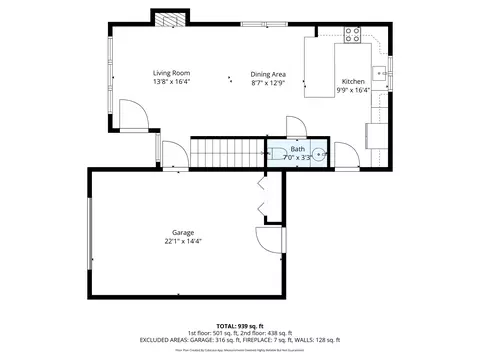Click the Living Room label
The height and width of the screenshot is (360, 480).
(x=171, y=73)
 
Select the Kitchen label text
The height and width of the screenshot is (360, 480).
(x=353, y=81)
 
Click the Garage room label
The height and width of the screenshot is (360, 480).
(x=183, y=233)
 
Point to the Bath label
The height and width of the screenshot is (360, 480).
(x=298, y=149)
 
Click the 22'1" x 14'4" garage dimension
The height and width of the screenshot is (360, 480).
(x=183, y=242)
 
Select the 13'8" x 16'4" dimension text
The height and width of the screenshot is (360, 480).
(x=171, y=82)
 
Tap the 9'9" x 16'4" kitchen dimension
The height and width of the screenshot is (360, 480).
(x=353, y=90)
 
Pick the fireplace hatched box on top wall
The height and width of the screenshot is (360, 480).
(x=169, y=19)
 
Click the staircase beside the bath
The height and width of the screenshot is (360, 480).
(x=227, y=154)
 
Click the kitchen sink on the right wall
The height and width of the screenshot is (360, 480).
(x=381, y=72)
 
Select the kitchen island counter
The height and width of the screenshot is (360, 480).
(x=319, y=69)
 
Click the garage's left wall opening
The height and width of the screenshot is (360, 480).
(x=90, y=233)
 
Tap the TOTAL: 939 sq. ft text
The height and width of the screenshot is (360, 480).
(x=240, y=325)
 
